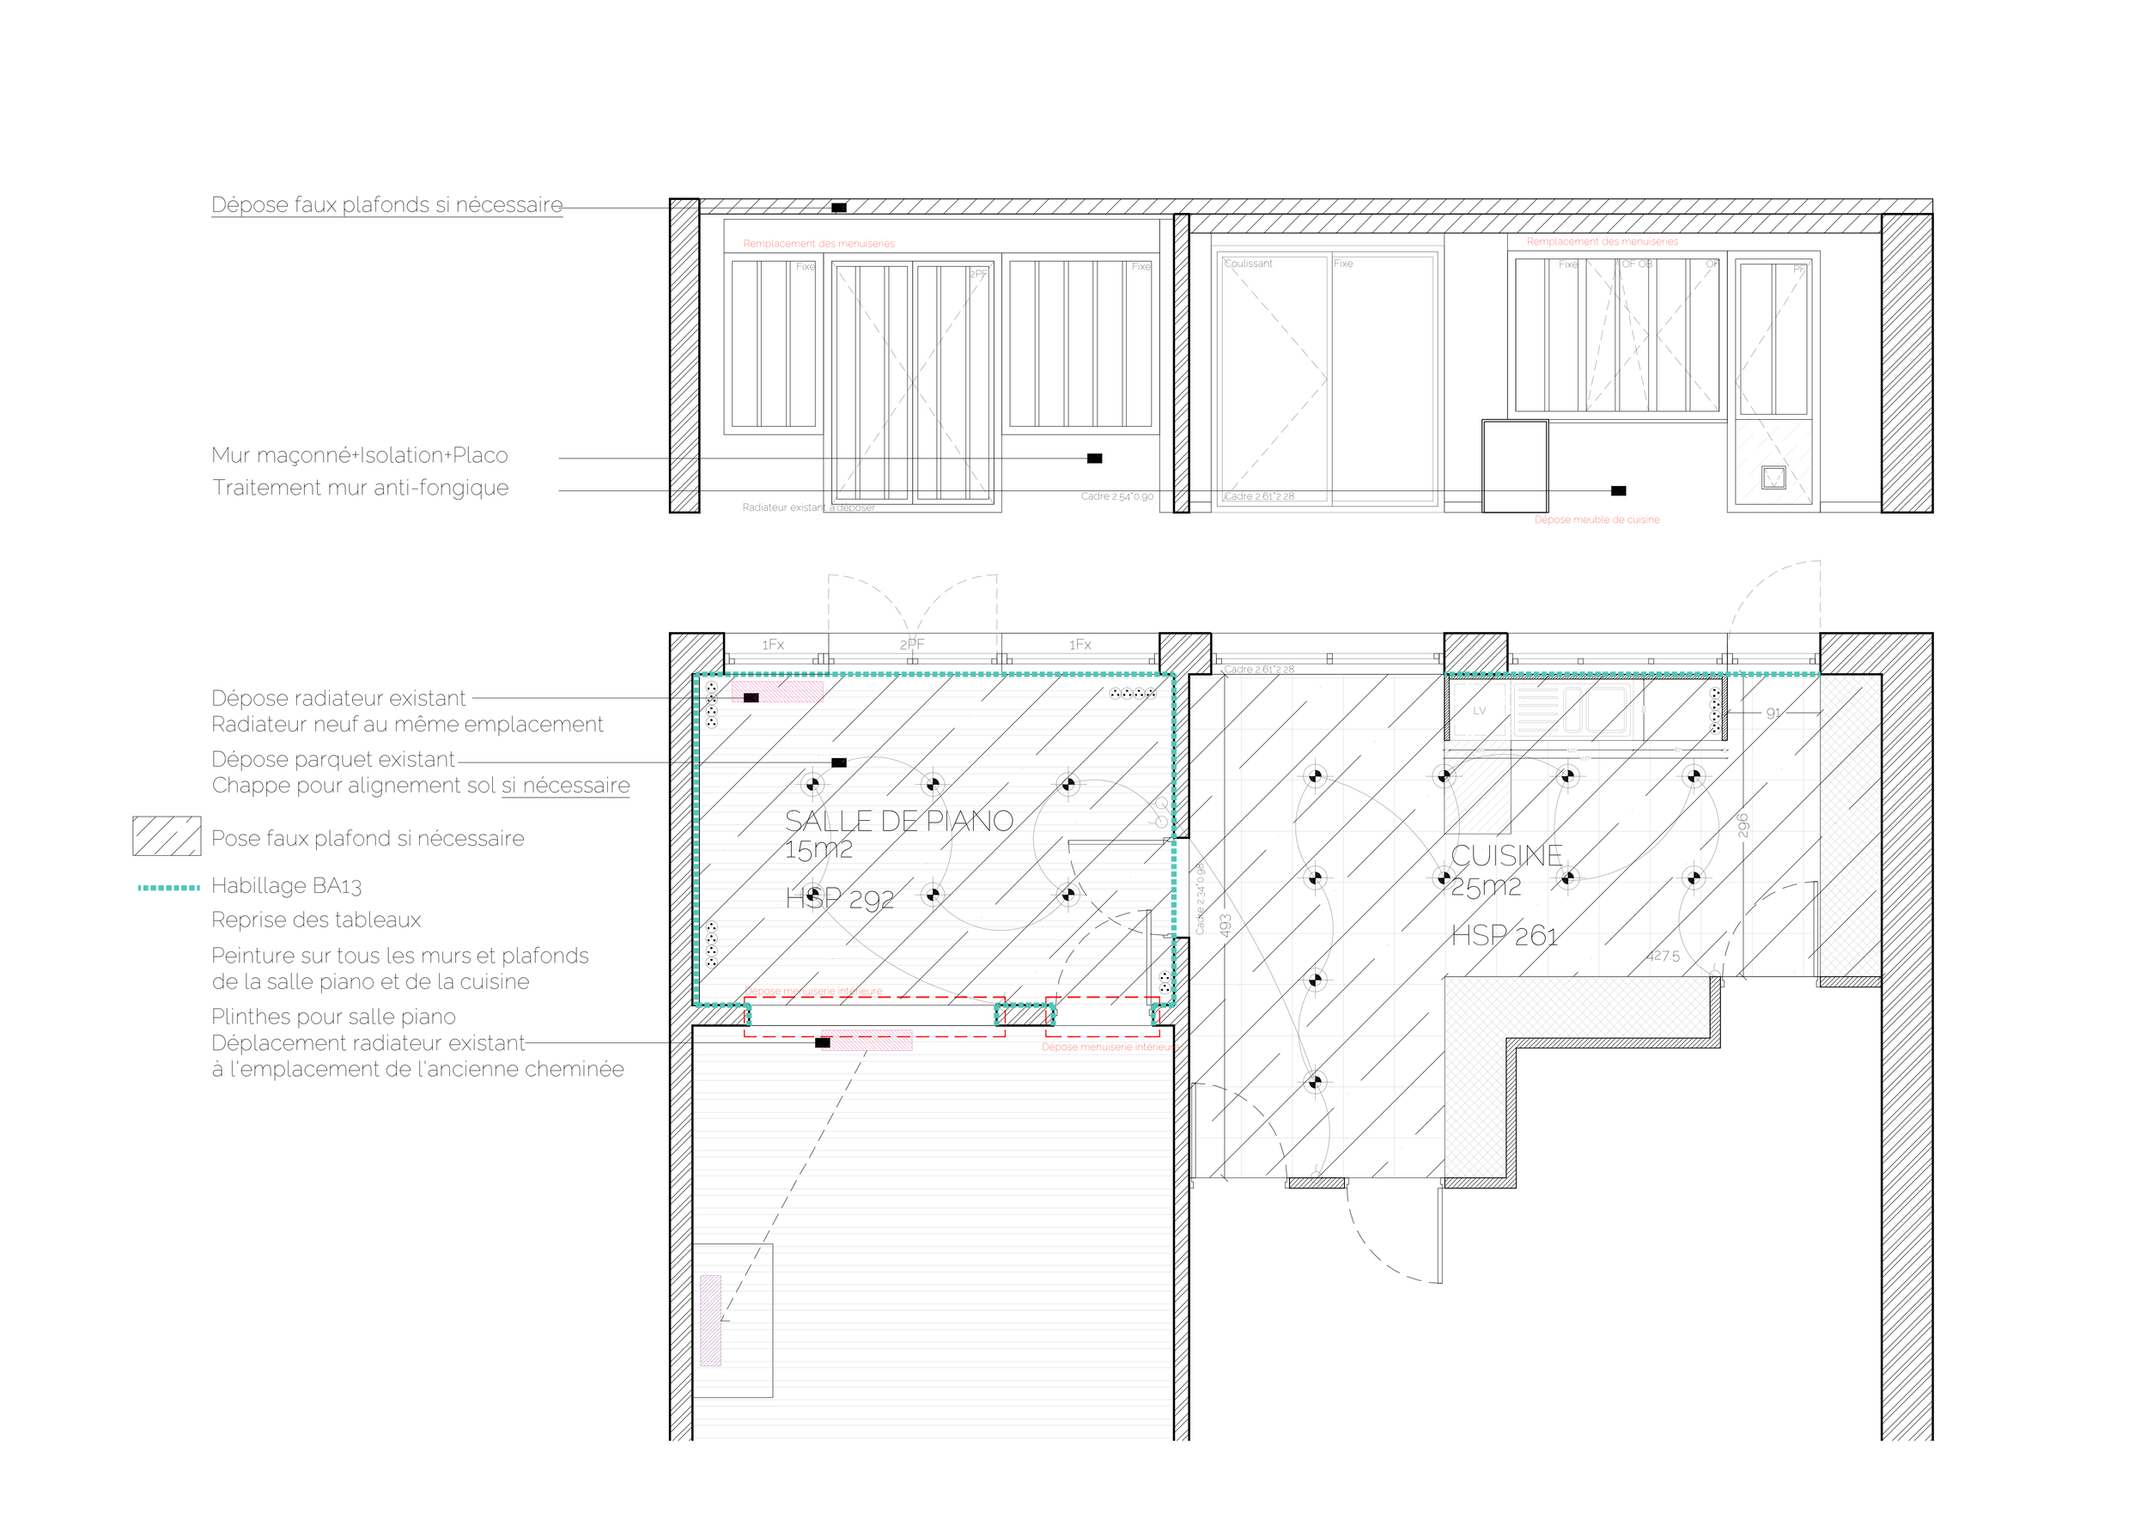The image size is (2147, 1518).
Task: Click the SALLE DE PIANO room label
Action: click(898, 821)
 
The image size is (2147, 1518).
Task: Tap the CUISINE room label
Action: click(1506, 855)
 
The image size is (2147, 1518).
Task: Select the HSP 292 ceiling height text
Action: click(840, 898)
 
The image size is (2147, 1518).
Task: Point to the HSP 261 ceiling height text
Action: click(1505, 936)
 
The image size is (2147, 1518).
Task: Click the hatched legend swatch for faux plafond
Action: click(167, 836)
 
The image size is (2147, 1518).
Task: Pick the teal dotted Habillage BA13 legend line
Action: click(168, 887)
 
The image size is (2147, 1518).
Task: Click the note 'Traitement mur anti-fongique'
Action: click(360, 487)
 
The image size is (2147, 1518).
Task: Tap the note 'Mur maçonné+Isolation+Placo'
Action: click(360, 455)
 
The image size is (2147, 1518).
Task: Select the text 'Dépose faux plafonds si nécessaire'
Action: click(387, 204)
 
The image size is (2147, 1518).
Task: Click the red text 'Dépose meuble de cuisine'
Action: click(1597, 519)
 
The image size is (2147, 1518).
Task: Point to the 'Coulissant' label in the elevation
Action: click(1249, 264)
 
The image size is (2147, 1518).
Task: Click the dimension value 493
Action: click(1225, 926)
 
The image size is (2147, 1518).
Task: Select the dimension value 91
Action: click(1773, 713)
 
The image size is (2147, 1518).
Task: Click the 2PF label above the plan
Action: click(912, 644)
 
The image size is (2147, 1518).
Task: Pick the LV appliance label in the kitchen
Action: click(1480, 710)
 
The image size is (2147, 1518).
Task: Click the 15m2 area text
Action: click(818, 850)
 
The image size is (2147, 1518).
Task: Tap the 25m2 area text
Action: click(1486, 887)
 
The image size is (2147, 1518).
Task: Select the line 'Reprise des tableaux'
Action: click(316, 920)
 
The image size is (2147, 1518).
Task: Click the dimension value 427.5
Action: click(1663, 956)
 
